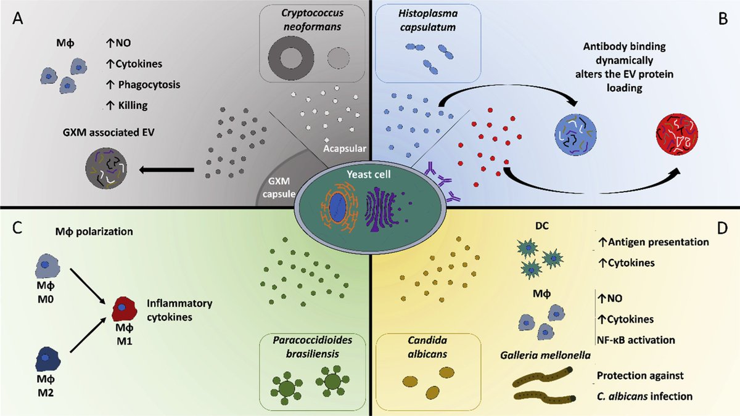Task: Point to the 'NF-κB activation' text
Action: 635,340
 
